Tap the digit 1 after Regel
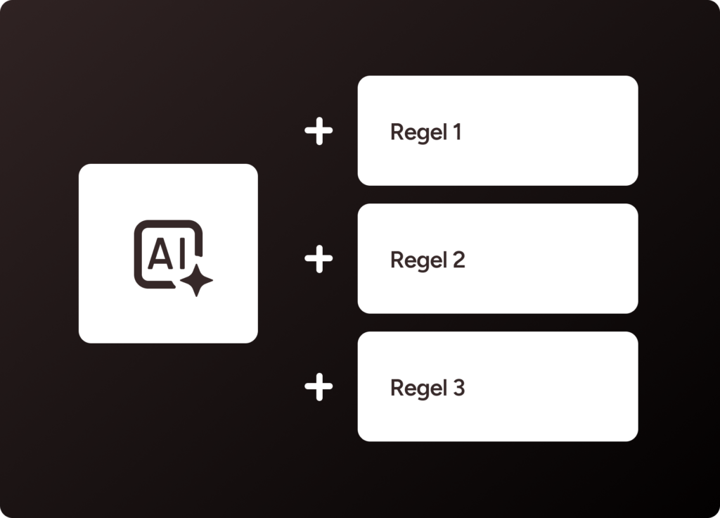point(457,132)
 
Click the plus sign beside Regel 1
point(319,132)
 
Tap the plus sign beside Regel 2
point(319,260)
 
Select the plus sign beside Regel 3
point(319,388)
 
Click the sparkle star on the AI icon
point(196,281)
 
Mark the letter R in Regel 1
point(397,132)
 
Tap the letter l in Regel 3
point(445,387)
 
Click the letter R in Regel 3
point(397,388)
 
